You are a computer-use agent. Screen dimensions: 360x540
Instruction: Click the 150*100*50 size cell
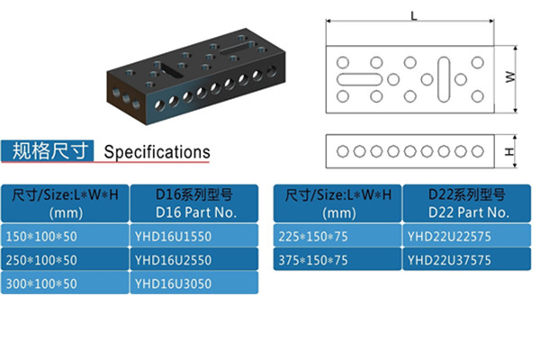pyautogui.click(x=65, y=236)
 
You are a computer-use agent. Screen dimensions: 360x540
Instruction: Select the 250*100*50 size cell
pyautogui.click(x=65, y=259)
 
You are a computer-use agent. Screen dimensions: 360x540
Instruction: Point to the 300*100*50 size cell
pyautogui.click(x=65, y=283)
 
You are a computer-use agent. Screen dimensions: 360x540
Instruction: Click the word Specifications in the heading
pyautogui.click(x=157, y=152)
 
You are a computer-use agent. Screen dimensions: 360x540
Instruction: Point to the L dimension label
pyautogui.click(x=413, y=15)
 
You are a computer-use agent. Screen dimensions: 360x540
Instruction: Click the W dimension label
pyautogui.click(x=509, y=79)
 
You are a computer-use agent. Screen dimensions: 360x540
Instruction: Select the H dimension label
pyautogui.click(x=509, y=151)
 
